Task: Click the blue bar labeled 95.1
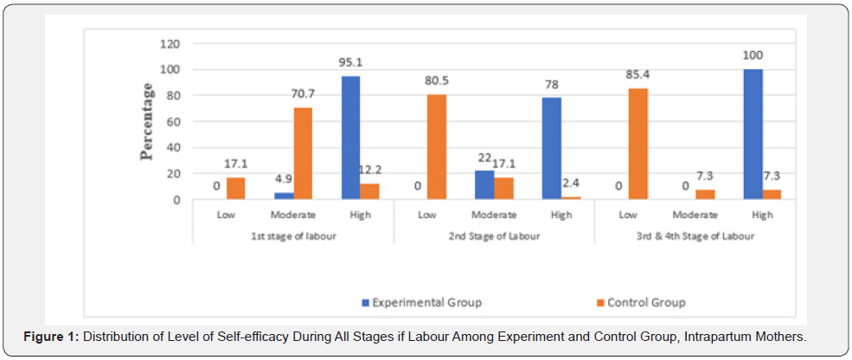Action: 349,138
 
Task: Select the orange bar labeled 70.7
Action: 302,153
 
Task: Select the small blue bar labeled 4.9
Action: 283,196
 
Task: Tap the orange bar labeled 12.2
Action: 369,191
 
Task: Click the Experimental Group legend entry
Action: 421,303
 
